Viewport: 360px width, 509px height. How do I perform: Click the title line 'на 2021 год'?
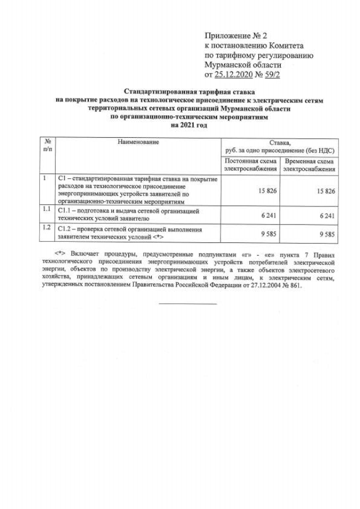(x=189, y=125)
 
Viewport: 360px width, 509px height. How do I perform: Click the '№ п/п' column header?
(x=48, y=146)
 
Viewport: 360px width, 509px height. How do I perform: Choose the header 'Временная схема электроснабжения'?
(x=309, y=164)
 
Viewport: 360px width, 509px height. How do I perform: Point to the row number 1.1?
(x=47, y=210)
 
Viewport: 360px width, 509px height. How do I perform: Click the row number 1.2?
(x=47, y=228)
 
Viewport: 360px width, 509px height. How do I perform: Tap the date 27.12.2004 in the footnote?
(x=267, y=285)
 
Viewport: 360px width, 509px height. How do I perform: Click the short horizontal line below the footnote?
(x=187, y=304)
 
